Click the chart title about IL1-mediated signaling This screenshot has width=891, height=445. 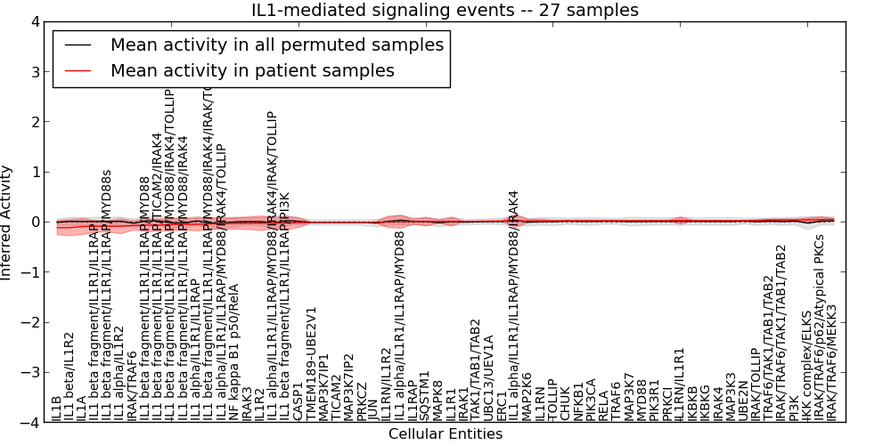(445, 10)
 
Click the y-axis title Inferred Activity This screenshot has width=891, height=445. (7, 222)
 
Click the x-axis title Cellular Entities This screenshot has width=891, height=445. (445, 434)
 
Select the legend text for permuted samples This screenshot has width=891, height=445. (277, 44)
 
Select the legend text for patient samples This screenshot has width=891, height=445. (252, 70)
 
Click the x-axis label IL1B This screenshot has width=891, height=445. (57, 409)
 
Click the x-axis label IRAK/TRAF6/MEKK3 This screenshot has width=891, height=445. (833, 363)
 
